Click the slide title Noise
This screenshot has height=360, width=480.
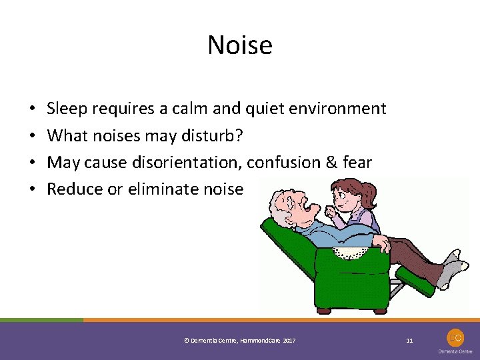point(240,45)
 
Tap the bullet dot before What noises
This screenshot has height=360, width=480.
point(32,136)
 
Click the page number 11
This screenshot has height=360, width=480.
point(409,341)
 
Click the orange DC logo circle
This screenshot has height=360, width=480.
point(456,338)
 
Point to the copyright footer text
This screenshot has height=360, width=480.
point(239,341)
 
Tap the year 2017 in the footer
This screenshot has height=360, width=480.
point(289,341)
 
